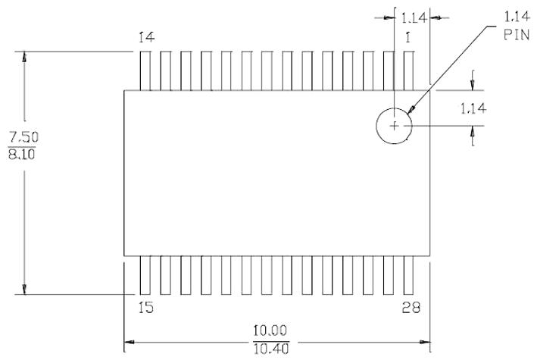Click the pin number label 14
pyautogui.click(x=147, y=37)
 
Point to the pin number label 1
pyautogui.click(x=409, y=37)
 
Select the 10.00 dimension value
pyautogui.click(x=270, y=331)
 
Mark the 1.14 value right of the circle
pyautogui.click(x=472, y=108)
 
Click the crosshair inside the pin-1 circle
pyautogui.click(x=394, y=124)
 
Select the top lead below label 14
pyautogui.click(x=146, y=70)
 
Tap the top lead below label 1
pyautogui.click(x=409, y=70)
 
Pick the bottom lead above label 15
pyautogui.click(x=146, y=274)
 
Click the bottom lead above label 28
pyautogui.click(x=409, y=274)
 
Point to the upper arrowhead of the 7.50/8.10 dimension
pyautogui.click(x=24, y=58)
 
